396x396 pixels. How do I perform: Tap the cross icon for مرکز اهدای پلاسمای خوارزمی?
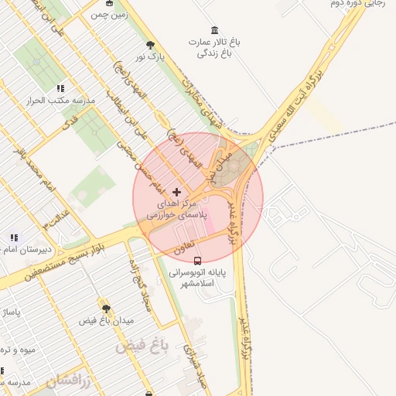177,191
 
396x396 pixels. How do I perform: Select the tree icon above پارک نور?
149,45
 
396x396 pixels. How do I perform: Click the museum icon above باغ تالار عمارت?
214,29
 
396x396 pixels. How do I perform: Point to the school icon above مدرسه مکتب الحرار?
60,88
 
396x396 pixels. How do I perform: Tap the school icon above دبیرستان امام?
14,237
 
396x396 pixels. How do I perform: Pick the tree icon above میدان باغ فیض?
106,308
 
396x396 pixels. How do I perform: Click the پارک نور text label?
150,57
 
